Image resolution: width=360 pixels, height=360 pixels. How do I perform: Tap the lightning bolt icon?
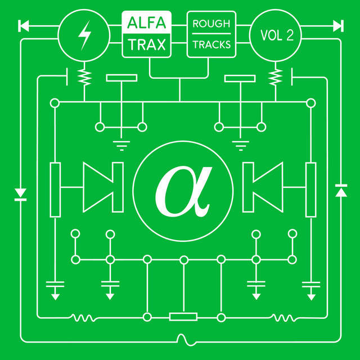point(84,34)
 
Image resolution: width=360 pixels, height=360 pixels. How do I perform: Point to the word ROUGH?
point(211,24)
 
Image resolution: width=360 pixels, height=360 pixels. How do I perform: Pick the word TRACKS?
point(211,45)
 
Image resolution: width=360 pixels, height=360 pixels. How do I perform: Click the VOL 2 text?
point(277,35)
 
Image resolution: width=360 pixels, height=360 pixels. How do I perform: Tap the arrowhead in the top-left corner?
point(24,25)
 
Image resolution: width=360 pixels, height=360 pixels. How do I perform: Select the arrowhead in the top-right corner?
point(337,25)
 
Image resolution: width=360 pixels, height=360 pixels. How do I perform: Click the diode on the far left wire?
point(21,194)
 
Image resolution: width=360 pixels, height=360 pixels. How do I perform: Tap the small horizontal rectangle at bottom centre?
point(183,317)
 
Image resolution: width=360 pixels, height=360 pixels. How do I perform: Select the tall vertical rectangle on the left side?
point(55,190)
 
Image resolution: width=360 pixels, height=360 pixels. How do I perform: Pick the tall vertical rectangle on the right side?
point(310,190)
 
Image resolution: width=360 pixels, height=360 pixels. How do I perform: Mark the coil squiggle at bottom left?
point(83,318)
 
